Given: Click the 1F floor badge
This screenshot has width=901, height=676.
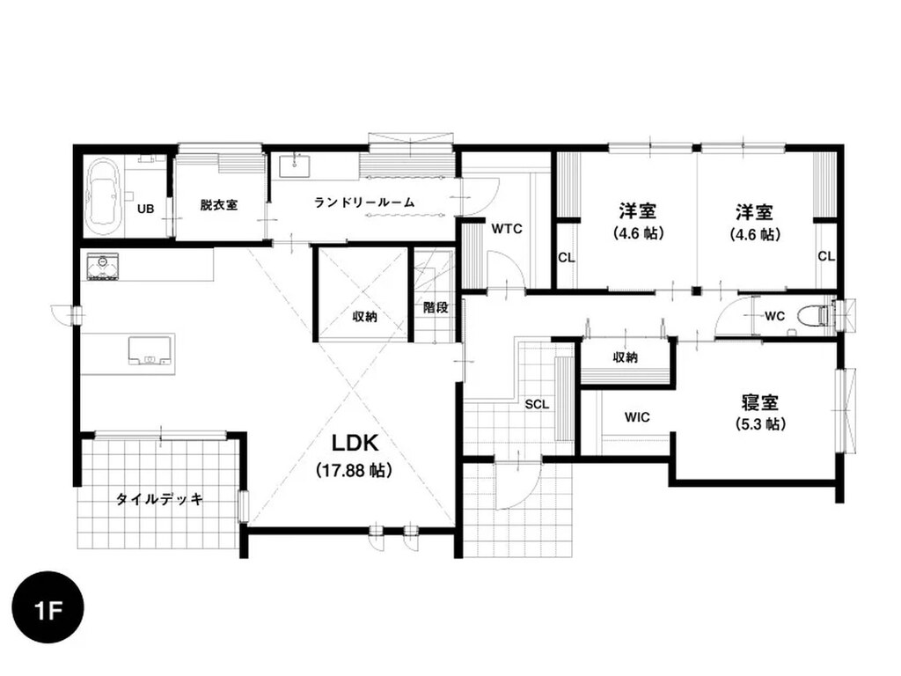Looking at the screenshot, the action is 48,608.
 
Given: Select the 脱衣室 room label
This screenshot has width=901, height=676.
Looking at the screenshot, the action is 219,204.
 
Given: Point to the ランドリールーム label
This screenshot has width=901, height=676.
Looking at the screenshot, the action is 364,202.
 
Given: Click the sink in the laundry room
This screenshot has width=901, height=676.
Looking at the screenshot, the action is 295,165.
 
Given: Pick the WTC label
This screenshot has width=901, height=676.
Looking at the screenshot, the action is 507,229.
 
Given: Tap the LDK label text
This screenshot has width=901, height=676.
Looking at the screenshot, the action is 355,444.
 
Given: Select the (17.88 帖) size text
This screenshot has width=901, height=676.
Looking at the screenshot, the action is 355,471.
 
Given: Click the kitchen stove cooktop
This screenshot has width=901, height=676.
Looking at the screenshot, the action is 103,267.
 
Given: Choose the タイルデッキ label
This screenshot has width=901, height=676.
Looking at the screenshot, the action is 159,499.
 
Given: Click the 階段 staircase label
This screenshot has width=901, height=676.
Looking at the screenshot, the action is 436,307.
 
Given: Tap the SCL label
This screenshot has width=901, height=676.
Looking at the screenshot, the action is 537,405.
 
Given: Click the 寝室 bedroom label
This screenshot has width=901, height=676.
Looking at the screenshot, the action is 759,401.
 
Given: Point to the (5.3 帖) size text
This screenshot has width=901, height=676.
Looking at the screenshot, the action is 760,424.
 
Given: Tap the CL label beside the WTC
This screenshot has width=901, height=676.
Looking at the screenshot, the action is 566,258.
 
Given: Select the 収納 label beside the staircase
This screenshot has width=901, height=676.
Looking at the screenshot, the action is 364,316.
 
